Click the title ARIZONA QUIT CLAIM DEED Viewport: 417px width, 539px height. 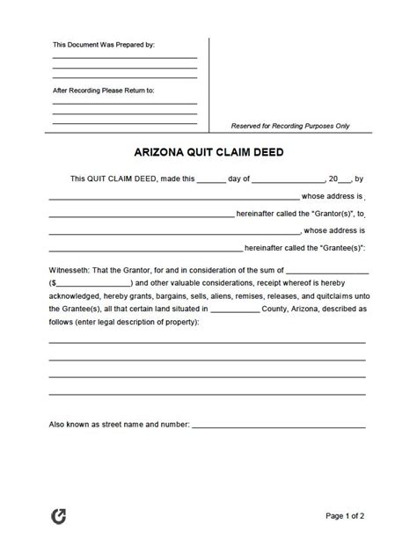tap(208, 150)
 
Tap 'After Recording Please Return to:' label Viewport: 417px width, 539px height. tap(104, 90)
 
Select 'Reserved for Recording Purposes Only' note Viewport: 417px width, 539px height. tap(290, 126)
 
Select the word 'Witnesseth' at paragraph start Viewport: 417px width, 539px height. tap(69, 268)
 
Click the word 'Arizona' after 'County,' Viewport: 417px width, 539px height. tap(326, 310)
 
